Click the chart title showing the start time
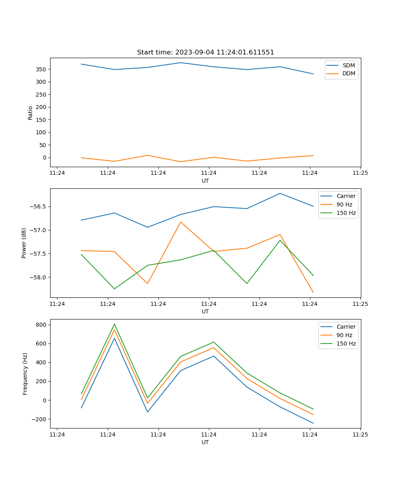click(205, 53)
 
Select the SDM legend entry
click(348, 65)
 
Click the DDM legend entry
click(348, 74)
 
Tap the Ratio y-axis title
click(30, 113)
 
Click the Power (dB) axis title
click(24, 243)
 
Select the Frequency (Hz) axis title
click(25, 374)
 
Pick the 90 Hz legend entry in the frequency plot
click(344, 335)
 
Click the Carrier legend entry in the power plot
click(346, 196)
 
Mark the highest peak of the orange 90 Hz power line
click(180, 222)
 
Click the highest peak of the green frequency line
click(114, 324)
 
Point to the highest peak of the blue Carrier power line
click(280, 193)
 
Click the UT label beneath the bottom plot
click(205, 442)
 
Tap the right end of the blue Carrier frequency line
click(313, 423)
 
